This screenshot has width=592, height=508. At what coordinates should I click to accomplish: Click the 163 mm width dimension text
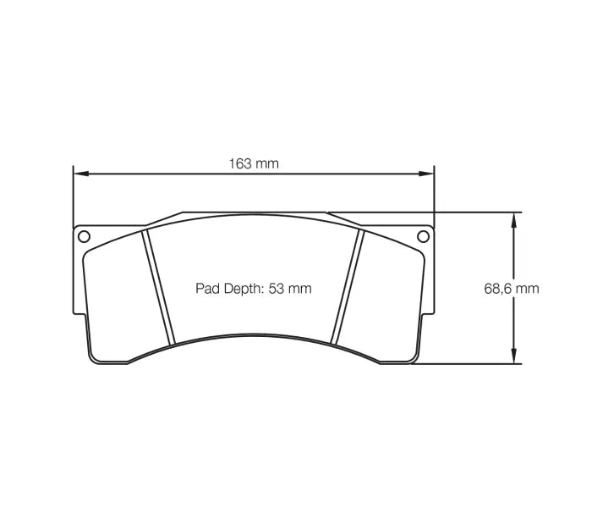coord(254,163)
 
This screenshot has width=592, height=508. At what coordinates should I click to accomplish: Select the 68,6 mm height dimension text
coord(511,288)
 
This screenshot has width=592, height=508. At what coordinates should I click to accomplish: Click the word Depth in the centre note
coord(242,289)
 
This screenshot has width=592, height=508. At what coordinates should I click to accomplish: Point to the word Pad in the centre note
coord(208,289)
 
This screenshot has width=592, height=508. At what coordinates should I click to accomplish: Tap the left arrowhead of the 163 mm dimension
coord(79,174)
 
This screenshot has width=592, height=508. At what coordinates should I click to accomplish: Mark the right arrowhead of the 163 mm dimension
coord(428,174)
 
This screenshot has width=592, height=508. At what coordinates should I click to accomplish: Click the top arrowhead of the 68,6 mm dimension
coord(512,218)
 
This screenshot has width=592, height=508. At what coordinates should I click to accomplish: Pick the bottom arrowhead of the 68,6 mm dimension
coord(512,357)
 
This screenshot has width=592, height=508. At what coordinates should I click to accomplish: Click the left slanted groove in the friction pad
coord(158,288)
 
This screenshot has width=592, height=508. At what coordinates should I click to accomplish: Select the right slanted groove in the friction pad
coord(348,288)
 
